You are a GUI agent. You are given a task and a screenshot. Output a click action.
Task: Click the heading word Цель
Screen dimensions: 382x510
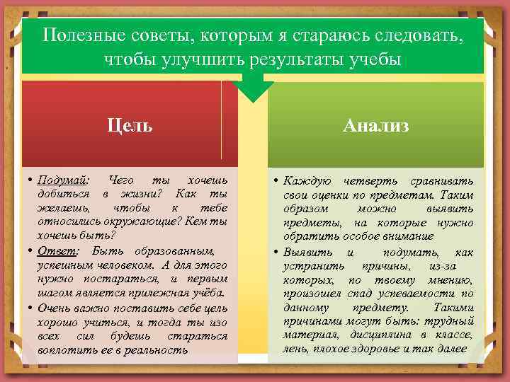(x=129, y=126)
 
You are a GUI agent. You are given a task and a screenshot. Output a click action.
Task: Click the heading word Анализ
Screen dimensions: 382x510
(x=375, y=126)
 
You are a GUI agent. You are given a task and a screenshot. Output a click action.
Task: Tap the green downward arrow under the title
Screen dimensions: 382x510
(x=254, y=88)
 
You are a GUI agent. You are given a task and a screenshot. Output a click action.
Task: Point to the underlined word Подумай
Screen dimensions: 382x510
(x=62, y=180)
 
